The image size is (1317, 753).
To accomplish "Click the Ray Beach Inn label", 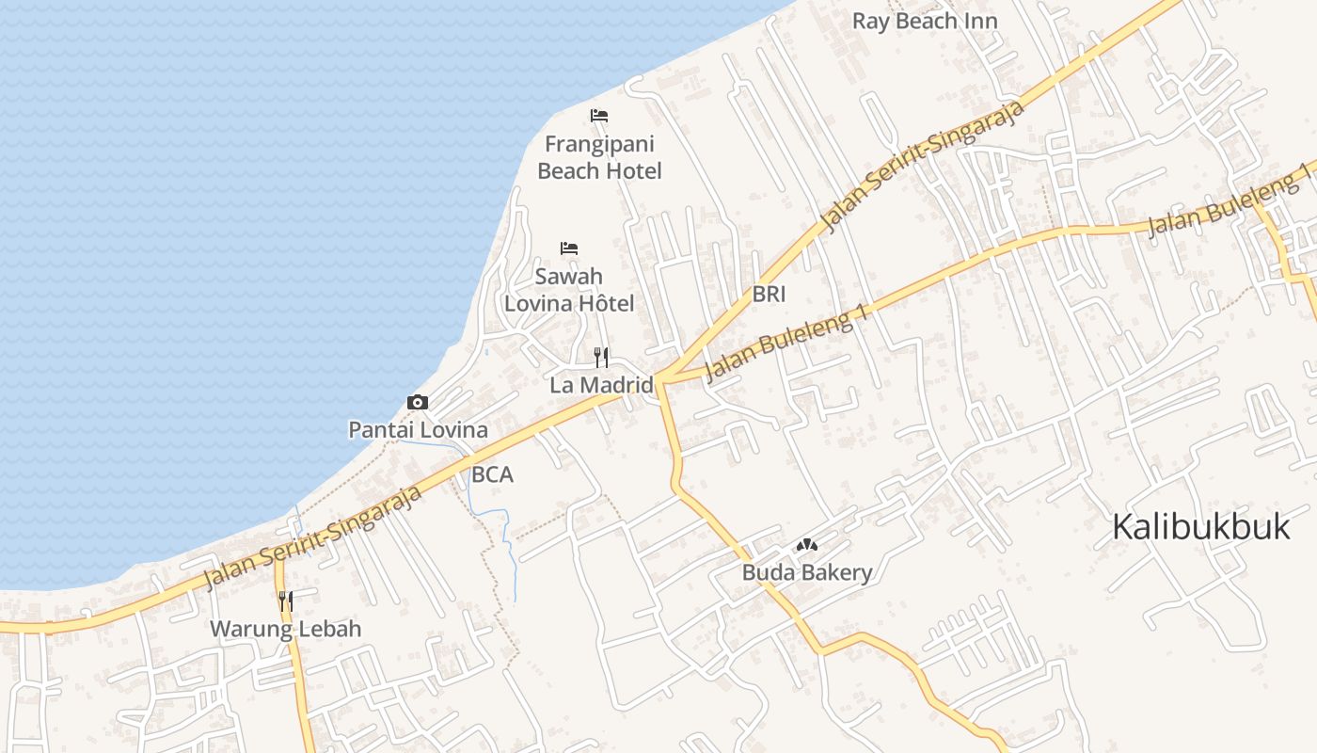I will click(925, 21).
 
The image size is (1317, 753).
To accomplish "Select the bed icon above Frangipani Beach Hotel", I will click(599, 116).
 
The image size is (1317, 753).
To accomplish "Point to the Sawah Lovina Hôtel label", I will click(569, 290).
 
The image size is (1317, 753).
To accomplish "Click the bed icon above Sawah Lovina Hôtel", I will click(569, 248).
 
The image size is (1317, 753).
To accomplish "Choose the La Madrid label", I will click(601, 384).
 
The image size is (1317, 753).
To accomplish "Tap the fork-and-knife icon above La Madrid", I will click(602, 357).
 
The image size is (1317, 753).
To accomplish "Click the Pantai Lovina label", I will click(418, 430).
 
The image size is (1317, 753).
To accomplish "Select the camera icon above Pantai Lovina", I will click(418, 403).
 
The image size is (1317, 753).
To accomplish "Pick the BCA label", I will click(492, 475).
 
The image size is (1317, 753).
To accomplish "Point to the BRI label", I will click(769, 294).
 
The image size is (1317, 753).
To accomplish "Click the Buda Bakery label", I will click(807, 572).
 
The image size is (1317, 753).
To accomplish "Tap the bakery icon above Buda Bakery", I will click(807, 545).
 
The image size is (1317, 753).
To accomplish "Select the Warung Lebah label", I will click(285, 629).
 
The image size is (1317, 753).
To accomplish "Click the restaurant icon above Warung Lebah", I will click(286, 601).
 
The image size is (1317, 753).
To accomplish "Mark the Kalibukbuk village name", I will click(1200, 527).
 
